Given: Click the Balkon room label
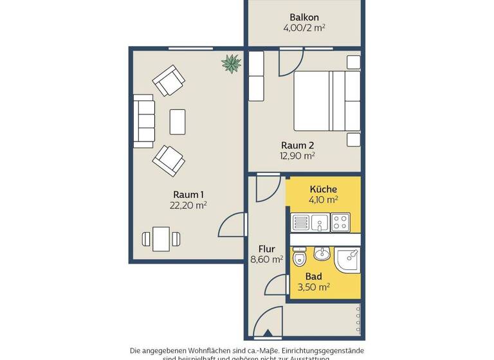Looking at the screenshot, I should click(x=304, y=17).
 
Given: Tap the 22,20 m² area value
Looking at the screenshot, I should click(x=189, y=206).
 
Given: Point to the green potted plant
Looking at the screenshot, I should click(x=231, y=63).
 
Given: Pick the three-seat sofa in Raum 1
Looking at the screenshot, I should click(x=144, y=121).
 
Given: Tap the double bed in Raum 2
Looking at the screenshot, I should click(x=327, y=100).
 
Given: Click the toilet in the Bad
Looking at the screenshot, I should click(x=300, y=258).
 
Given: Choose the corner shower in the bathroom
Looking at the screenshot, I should click(x=348, y=260).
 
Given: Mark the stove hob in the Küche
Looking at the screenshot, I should click(x=340, y=222).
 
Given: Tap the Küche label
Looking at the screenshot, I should click(x=323, y=189).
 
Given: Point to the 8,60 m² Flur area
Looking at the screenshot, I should click(x=266, y=260).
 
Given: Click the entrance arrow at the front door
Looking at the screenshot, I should click(x=268, y=333).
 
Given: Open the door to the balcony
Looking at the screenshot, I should click(x=291, y=63).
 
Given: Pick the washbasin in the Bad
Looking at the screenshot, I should click(x=322, y=255).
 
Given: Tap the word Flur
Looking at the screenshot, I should click(x=266, y=249).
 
